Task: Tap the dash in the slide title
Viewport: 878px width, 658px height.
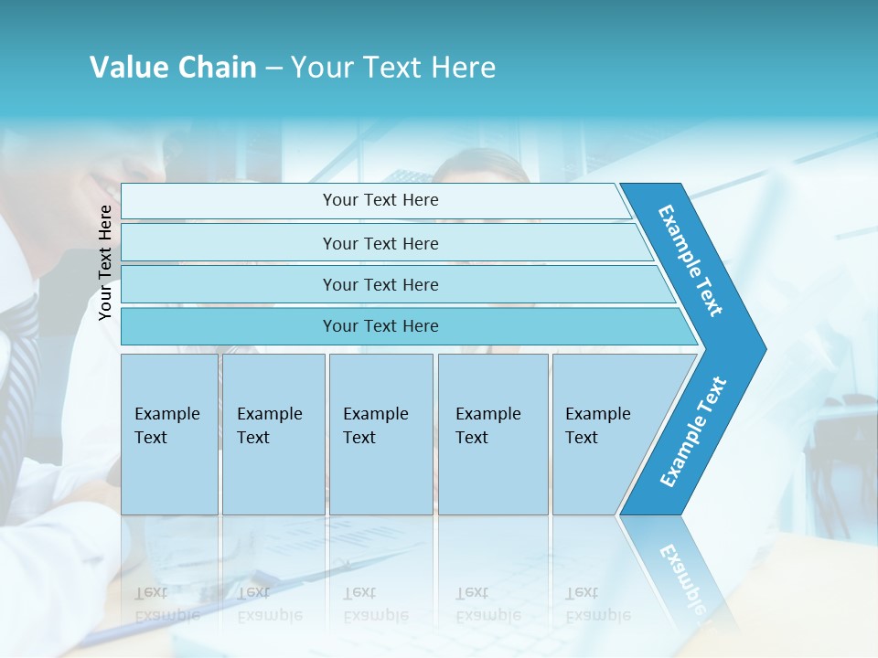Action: (x=273, y=69)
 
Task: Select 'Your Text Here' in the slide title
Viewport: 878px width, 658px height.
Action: (x=393, y=68)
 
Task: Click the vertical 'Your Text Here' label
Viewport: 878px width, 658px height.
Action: (x=105, y=262)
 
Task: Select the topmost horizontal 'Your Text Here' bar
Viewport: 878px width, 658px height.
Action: (x=380, y=200)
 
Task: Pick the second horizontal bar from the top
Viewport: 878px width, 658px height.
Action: (x=380, y=243)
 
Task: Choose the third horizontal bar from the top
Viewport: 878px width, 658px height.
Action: (x=380, y=284)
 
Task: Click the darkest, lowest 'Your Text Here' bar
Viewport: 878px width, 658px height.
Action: (x=380, y=326)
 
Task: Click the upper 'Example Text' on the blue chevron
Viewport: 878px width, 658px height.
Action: (x=691, y=260)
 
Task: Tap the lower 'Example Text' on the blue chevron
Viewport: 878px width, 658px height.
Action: (x=693, y=432)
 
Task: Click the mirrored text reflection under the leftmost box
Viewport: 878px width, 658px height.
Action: (x=167, y=604)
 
